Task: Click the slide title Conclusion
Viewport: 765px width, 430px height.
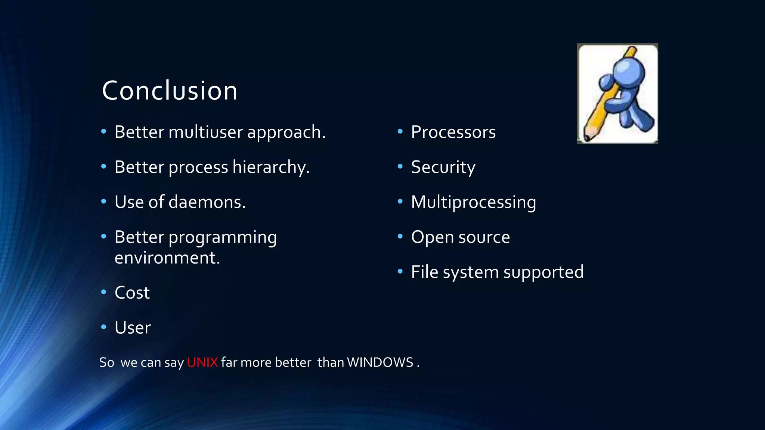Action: point(170,91)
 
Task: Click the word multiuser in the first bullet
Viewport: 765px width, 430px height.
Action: point(205,132)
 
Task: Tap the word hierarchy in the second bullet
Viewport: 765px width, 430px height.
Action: point(270,167)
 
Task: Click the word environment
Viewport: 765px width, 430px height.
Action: point(167,258)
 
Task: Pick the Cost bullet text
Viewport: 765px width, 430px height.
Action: point(132,293)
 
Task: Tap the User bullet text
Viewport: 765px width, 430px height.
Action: point(132,328)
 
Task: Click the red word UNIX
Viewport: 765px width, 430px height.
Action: point(202,362)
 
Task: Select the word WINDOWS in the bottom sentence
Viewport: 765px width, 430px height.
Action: point(380,362)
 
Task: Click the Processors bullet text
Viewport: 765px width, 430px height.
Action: point(453,132)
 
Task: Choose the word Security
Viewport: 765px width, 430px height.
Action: point(443,167)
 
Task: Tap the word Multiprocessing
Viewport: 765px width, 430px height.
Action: point(473,202)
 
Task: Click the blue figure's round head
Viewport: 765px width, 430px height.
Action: point(629,71)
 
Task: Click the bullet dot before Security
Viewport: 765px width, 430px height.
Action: point(400,166)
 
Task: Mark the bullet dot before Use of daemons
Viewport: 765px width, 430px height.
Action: point(103,201)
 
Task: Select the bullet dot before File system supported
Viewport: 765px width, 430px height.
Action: point(400,271)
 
